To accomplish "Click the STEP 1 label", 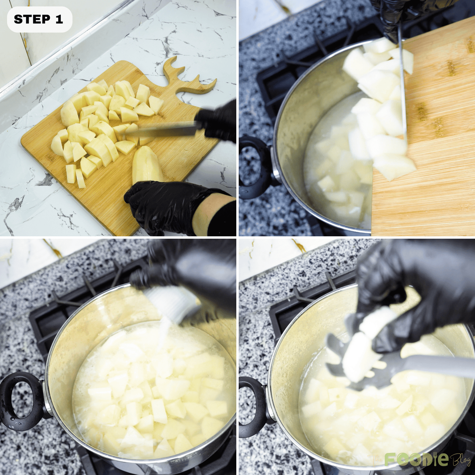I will (39, 20).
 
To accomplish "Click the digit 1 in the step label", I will (59, 20).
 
